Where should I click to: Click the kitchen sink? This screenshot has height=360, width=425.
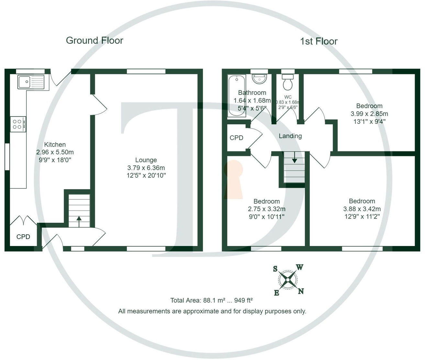31,82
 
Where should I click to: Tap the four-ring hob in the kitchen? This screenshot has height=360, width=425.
18,124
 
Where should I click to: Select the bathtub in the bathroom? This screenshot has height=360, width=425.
237,96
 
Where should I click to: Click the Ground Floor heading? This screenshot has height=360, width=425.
95,40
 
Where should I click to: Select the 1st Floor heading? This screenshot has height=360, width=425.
319,41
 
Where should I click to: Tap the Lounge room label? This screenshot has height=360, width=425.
146,160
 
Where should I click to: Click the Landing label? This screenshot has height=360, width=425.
290,136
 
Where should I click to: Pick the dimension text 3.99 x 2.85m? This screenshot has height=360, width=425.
369,114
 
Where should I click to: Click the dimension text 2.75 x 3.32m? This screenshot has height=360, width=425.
266,209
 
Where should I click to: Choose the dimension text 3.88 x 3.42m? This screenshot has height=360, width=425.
362,209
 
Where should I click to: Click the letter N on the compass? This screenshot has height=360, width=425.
301,291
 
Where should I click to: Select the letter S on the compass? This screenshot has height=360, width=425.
275,269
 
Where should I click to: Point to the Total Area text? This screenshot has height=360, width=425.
211,300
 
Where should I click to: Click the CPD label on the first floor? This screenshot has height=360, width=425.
236,138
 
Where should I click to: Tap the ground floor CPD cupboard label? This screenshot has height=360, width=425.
23,237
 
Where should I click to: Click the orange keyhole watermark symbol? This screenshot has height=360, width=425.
233,180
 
